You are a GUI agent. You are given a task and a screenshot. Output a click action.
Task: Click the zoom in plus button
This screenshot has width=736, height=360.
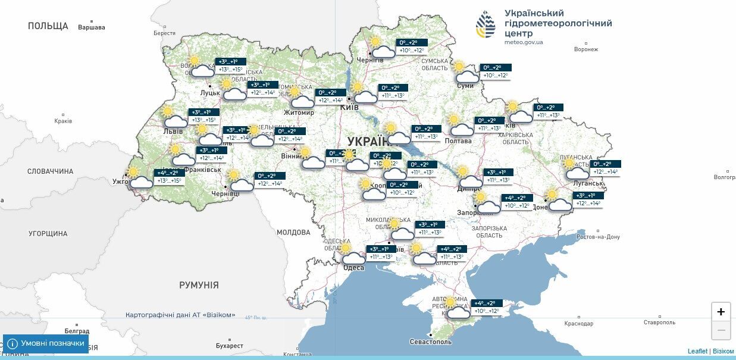tap(721, 312)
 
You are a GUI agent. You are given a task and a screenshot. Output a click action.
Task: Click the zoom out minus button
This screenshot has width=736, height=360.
tap(721, 330)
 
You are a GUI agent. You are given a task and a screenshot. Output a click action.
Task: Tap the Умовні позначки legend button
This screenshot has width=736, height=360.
tap(46, 343)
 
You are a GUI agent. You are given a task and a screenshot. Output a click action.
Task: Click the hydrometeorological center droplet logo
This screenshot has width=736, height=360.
tap(485, 24)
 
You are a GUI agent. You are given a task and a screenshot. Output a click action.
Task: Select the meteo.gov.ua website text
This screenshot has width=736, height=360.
tap(524, 42)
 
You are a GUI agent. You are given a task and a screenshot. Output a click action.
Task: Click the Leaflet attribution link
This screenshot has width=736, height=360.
tap(697, 351)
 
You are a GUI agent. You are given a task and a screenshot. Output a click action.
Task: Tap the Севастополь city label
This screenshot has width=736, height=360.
tap(431, 342)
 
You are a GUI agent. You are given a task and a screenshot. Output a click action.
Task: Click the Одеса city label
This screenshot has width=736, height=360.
tap(353, 268)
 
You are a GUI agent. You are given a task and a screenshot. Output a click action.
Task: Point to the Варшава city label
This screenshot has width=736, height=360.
tap(92, 27)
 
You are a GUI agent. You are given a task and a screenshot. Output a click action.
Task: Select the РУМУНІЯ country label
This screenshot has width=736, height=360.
tap(199, 285)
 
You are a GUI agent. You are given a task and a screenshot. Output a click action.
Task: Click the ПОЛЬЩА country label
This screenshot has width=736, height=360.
tap(48, 26)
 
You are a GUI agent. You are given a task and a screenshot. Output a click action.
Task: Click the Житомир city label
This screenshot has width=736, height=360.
tap(299, 112)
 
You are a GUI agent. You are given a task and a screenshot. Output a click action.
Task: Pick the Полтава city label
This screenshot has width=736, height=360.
tap(458, 141)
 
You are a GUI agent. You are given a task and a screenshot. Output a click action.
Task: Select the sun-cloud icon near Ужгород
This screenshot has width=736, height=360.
tap(140, 178)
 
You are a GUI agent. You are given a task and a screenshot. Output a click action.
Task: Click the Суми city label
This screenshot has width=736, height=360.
tap(465, 86)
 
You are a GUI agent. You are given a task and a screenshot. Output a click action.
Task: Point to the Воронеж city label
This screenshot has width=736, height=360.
tap(585, 49)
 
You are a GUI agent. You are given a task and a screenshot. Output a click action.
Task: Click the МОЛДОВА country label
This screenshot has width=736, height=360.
tap(293, 232)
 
